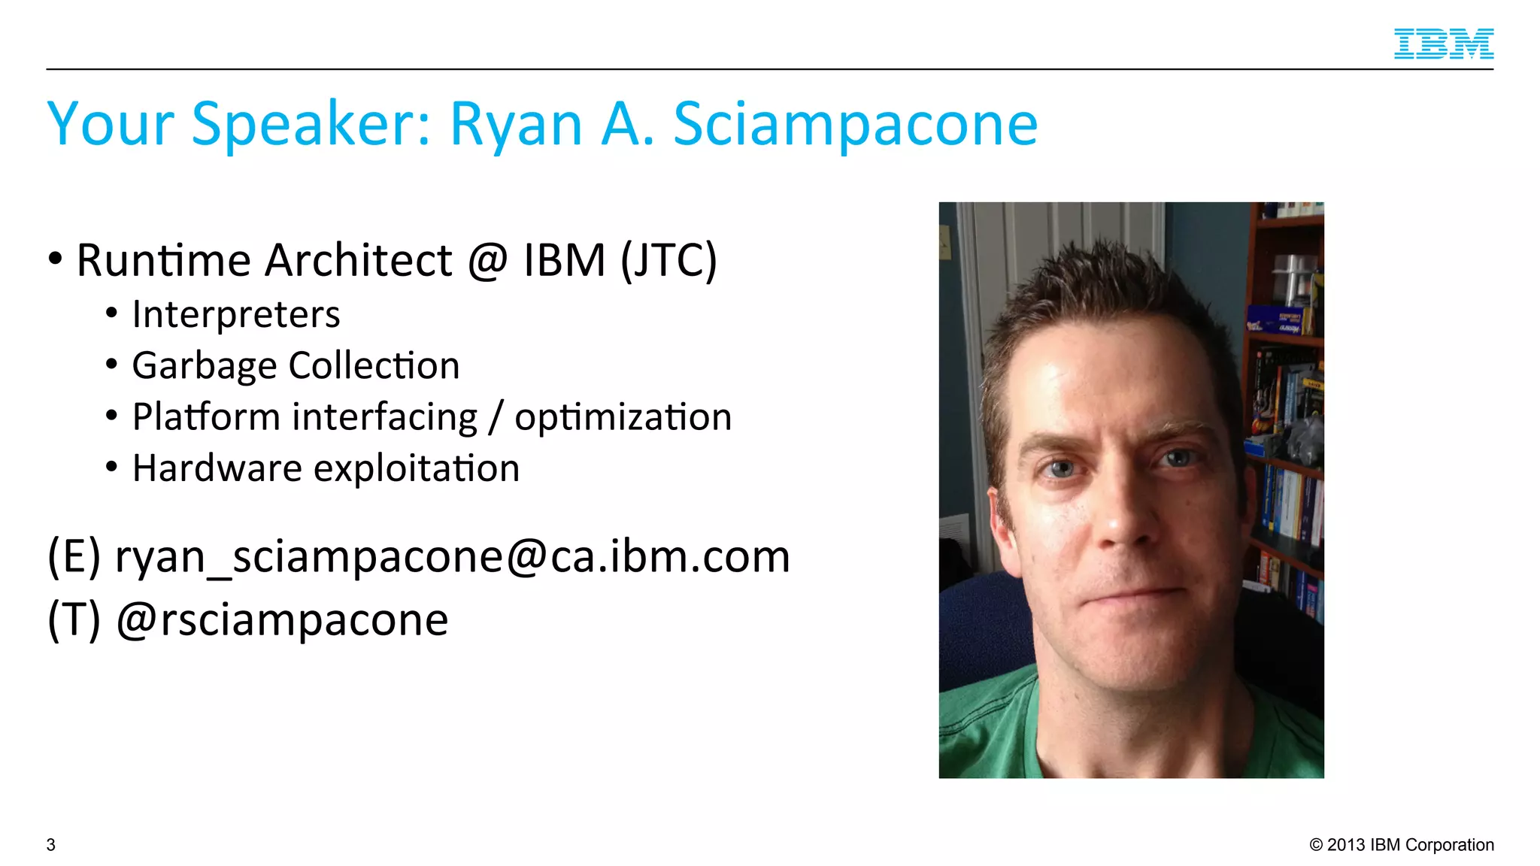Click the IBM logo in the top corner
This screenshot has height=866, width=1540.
[1443, 44]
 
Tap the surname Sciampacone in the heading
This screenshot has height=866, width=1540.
[855, 124]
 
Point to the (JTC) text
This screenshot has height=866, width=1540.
[668, 261]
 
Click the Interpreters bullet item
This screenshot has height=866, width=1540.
[235, 314]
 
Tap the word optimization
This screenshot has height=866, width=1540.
[623, 417]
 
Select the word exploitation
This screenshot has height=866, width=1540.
[416, 468]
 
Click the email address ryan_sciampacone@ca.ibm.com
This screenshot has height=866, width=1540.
[452, 557]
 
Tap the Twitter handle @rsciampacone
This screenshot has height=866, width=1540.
[282, 620]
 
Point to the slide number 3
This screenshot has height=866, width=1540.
[51, 845]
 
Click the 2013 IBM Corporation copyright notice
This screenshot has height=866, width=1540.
[1402, 845]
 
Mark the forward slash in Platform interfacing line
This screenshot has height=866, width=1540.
[495, 418]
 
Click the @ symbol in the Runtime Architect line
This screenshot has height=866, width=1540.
[487, 261]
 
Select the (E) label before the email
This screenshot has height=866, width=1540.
[74, 557]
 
